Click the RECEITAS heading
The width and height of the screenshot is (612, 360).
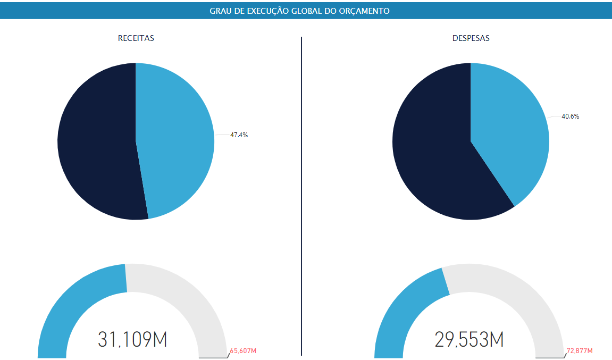pyautogui.click(x=136, y=38)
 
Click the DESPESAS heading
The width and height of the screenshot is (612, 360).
pyautogui.click(x=471, y=38)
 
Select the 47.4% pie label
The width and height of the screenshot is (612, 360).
pyautogui.click(x=239, y=135)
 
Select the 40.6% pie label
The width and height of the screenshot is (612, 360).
pyautogui.click(x=570, y=116)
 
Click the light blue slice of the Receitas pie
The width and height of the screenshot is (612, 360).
pyautogui.click(x=175, y=138)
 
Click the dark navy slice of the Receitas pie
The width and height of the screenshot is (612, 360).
pyautogui.click(x=96, y=144)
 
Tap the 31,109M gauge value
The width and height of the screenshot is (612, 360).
pyautogui.click(x=132, y=339)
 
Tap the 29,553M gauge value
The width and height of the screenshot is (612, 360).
pyautogui.click(x=469, y=339)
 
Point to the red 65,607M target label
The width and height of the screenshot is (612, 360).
pyautogui.click(x=243, y=351)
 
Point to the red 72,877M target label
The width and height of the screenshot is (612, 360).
pyautogui.click(x=579, y=351)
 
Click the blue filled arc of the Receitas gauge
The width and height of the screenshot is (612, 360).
pyautogui.click(x=74, y=303)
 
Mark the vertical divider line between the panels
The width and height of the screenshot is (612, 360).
pyautogui.click(x=301, y=197)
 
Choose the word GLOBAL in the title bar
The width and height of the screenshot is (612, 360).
pyautogui.click(x=307, y=11)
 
